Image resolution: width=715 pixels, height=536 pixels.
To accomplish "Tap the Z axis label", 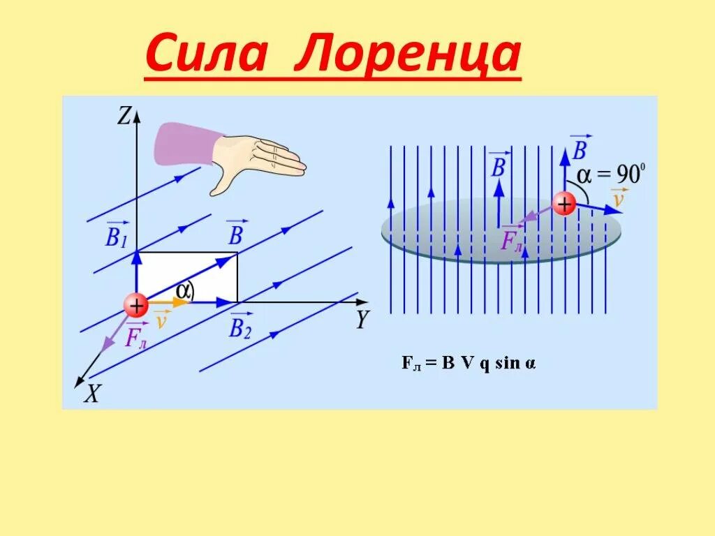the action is point(124,116).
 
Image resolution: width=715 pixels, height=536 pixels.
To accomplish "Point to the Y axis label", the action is point(362,320).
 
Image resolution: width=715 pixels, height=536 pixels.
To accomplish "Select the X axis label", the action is point(92,395).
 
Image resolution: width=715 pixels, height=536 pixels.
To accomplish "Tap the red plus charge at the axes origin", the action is point(135,305).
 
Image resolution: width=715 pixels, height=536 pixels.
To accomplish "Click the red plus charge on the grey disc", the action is point(563,204).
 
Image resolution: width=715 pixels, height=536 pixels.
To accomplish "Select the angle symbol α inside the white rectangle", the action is point(183,291).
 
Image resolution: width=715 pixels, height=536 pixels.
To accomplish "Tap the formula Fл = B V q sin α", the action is point(469,364).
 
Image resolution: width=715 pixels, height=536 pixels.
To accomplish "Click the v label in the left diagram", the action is point(161,320).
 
